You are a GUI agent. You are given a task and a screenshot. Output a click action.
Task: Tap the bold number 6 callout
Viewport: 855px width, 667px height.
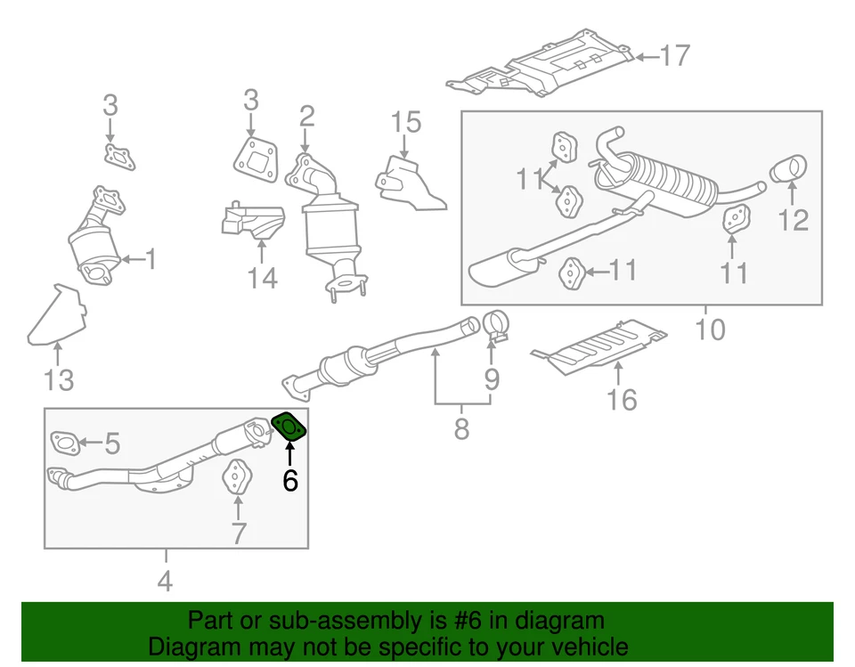tap(290, 481)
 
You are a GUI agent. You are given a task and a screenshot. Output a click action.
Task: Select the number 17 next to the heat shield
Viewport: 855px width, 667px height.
tap(675, 56)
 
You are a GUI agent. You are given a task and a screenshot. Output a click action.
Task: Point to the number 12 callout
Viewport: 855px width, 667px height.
tap(793, 218)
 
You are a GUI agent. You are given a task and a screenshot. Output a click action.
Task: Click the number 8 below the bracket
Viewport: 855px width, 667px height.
tap(461, 430)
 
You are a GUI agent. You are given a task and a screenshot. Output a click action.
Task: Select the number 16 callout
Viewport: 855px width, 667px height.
tap(623, 400)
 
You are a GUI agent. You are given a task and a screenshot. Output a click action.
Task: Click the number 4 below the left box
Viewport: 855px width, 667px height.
tap(165, 582)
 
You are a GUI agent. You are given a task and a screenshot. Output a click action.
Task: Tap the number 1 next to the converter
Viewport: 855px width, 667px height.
tap(151, 260)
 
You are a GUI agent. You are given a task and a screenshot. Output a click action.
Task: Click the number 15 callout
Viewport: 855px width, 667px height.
tap(406, 122)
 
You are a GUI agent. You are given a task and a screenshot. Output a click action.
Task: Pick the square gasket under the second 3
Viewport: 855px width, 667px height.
tap(256, 162)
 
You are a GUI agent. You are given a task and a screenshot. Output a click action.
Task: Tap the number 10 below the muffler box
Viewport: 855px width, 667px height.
tap(710, 329)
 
